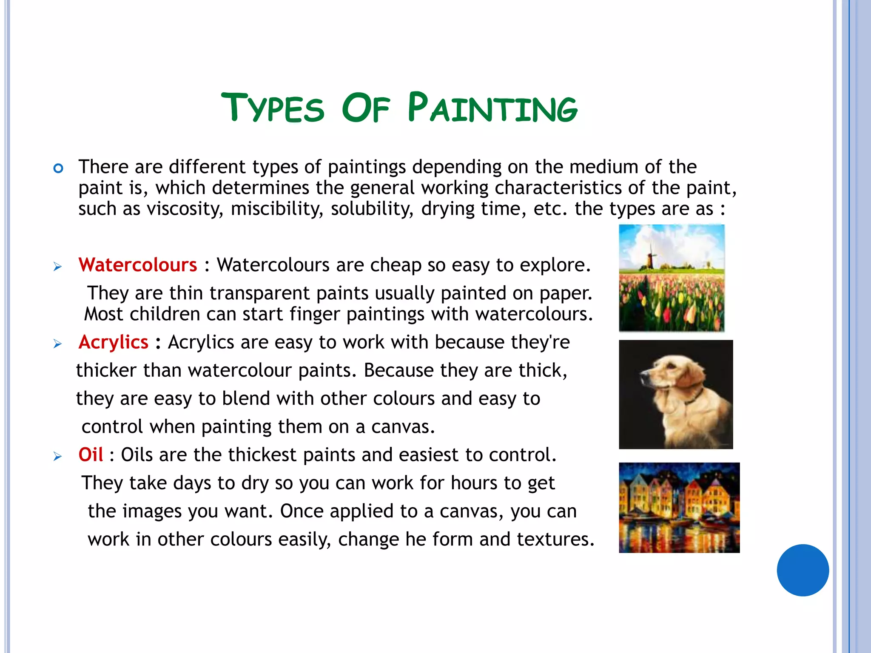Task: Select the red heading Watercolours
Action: pos(138,265)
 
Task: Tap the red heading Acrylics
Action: pos(113,342)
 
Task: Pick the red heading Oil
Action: pos(91,455)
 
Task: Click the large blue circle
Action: pos(803,570)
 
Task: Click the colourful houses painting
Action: pos(679,508)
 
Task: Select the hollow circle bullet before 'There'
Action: pos(58,169)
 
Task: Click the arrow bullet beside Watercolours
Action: pos(57,267)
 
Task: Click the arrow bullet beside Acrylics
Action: pos(57,344)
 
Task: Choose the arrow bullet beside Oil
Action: pos(57,457)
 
